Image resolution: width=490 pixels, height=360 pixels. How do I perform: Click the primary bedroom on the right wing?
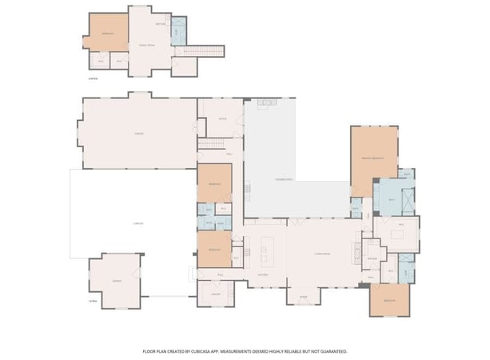point(373,158)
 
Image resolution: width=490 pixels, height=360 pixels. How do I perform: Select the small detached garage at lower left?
point(117,282)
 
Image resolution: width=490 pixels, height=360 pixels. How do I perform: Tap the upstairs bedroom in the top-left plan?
point(108,34)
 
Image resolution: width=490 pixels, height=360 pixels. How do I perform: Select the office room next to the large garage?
point(221,118)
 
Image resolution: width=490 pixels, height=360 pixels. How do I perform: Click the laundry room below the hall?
point(215,294)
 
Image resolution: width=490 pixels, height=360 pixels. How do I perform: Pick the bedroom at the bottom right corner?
point(389,301)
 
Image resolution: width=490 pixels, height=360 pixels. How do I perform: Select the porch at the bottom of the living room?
point(303,295)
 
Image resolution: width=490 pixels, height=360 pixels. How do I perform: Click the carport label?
point(137,223)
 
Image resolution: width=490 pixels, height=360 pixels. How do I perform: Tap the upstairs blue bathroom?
point(178,30)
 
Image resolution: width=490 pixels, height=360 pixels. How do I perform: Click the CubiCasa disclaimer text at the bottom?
point(245,350)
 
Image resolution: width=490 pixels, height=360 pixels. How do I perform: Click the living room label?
point(322,254)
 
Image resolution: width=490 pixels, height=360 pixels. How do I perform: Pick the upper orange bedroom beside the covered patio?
point(214,183)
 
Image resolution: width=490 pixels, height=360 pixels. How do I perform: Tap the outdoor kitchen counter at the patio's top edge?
point(265,102)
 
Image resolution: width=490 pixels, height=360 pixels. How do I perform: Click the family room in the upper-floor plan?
point(146,46)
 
